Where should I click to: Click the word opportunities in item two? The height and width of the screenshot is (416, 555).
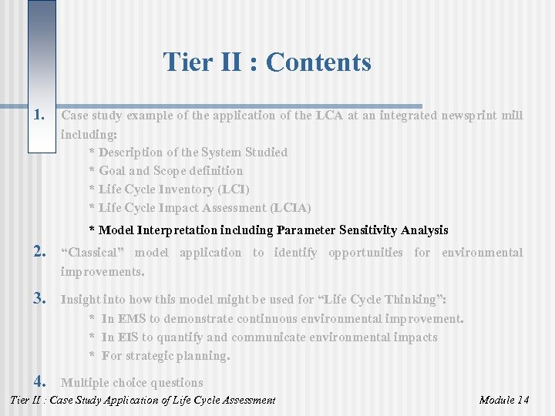point(365,253)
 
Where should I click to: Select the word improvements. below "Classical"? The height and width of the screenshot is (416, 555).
point(103,272)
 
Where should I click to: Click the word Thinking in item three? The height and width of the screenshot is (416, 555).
point(414,300)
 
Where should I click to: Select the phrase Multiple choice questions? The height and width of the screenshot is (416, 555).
point(132,383)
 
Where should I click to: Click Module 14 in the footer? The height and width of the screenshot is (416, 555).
point(503,400)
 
